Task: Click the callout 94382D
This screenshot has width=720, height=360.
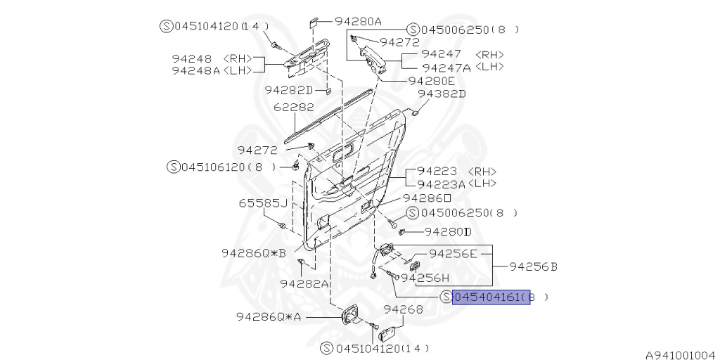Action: (442, 94)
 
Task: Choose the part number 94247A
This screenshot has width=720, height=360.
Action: (446, 67)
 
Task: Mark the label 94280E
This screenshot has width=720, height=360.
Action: (431, 81)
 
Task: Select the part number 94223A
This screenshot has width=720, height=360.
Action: (442, 184)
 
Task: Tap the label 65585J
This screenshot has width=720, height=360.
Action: (262, 203)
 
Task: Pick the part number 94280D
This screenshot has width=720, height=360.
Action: (447, 231)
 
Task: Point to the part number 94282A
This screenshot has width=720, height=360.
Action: (304, 283)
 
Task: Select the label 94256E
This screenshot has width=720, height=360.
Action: (453, 253)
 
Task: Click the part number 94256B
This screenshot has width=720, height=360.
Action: (533, 266)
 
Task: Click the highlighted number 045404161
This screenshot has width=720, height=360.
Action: (491, 298)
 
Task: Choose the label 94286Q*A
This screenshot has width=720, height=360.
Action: (268, 317)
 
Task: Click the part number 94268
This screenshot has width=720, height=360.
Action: (404, 309)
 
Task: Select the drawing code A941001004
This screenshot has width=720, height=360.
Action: (680, 356)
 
